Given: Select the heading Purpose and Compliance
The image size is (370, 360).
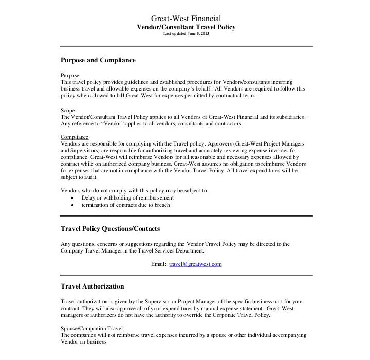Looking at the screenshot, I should [x=98, y=60].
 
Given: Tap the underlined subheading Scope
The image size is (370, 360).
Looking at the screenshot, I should [x=68, y=110].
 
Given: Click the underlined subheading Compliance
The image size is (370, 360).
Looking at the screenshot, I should [x=75, y=137].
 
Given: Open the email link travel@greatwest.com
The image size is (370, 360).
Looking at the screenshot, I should [x=195, y=264].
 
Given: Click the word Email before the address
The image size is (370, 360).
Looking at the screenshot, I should [x=158, y=264].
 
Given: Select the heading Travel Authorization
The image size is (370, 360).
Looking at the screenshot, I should [x=92, y=286].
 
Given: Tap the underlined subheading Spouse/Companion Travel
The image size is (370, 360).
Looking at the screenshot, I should [x=92, y=328].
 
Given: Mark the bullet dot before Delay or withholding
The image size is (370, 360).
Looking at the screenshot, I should [x=75, y=198].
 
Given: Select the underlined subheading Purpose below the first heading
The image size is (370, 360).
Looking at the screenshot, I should [x=70, y=76].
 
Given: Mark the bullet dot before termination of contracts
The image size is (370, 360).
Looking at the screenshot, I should [x=75, y=205].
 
